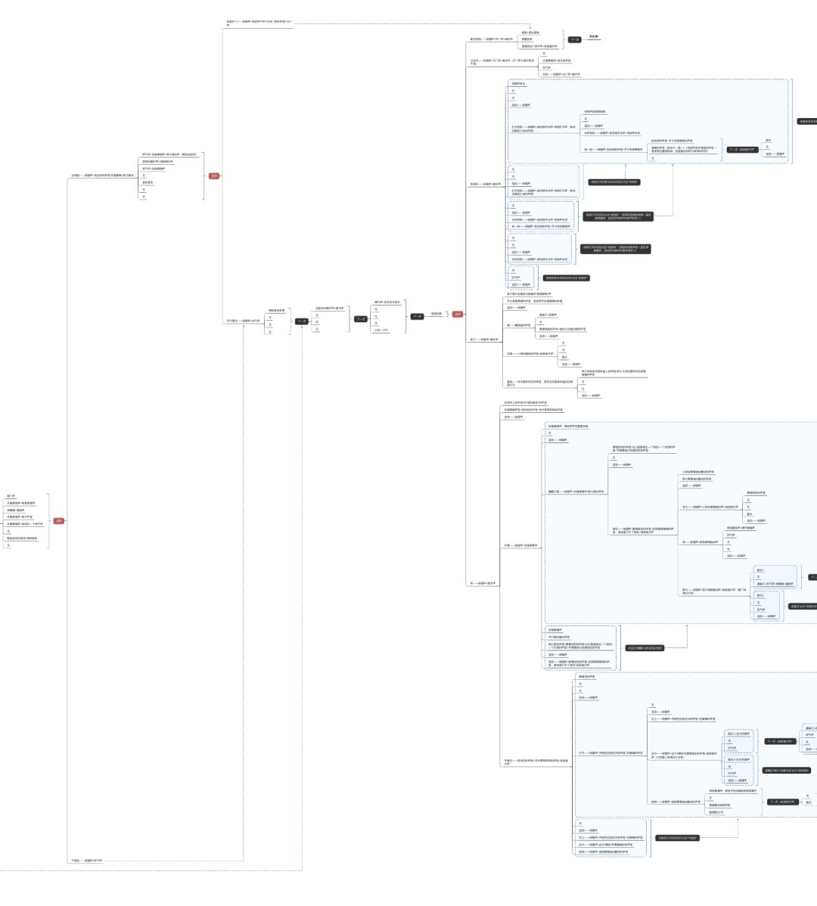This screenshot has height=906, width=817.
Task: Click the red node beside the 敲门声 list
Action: coord(59,520)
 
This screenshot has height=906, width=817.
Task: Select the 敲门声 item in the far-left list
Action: coord(11,496)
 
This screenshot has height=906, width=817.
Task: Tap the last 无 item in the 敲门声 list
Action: coord(8,545)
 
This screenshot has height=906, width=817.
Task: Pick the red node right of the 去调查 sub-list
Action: coord(214,176)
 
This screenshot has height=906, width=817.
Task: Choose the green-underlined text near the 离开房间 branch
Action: coord(594,36)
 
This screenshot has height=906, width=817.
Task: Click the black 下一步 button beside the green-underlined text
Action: coord(574,39)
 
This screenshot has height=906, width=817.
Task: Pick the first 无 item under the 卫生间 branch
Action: coord(544,54)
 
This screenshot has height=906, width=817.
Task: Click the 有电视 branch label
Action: coord(485,184)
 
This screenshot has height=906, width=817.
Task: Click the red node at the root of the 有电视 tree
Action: coord(458,314)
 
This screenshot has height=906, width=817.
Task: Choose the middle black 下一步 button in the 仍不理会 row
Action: coord(361,319)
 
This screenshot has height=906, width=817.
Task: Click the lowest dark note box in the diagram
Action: coord(677,838)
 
